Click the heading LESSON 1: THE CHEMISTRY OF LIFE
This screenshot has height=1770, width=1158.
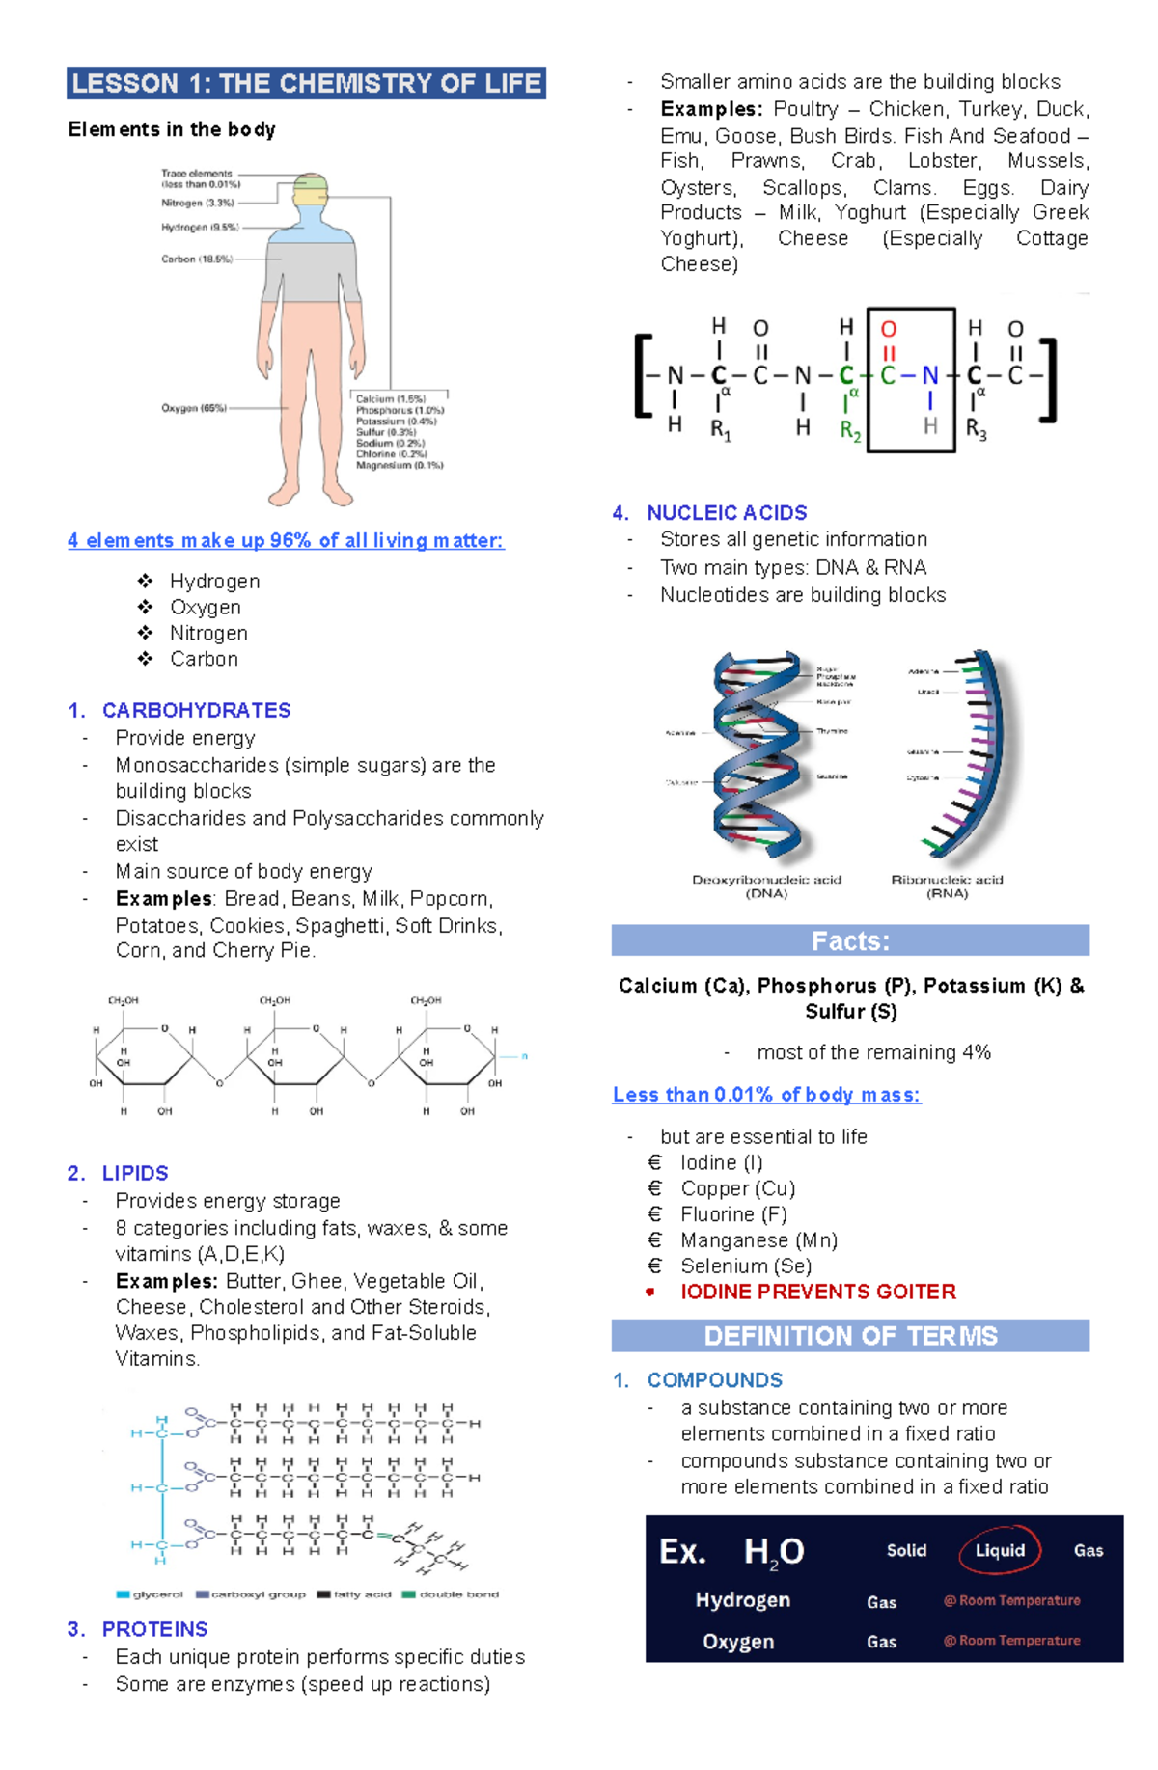tap(306, 84)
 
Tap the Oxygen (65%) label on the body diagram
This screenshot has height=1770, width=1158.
tap(193, 408)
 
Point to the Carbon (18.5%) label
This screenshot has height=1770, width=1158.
tap(196, 259)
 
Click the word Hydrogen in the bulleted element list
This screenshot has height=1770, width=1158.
tap(214, 581)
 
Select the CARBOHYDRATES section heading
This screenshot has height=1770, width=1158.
tap(196, 710)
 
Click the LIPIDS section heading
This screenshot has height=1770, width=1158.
tap(135, 1173)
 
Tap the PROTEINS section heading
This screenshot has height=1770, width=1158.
tap(154, 1629)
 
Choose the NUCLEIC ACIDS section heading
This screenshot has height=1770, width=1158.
tap(726, 513)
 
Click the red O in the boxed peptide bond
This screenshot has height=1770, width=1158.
tap(889, 330)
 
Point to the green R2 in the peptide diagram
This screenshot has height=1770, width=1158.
tap(850, 431)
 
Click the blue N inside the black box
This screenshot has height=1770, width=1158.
tap(929, 375)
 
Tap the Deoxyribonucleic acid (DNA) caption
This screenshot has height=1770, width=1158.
tap(766, 885)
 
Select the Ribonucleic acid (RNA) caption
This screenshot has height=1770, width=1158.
tap(947, 885)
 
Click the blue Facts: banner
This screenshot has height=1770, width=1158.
tap(850, 940)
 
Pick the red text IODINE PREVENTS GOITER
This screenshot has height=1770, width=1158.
tap(817, 1292)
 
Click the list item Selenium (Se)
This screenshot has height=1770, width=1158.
tap(745, 1266)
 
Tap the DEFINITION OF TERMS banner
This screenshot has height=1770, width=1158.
tap(850, 1336)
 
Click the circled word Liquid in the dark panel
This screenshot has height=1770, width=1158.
tap(1000, 1550)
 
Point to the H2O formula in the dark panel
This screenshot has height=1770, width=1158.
tap(773, 1552)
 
